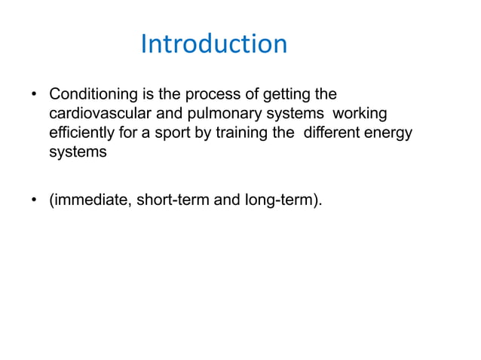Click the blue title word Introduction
214,44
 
